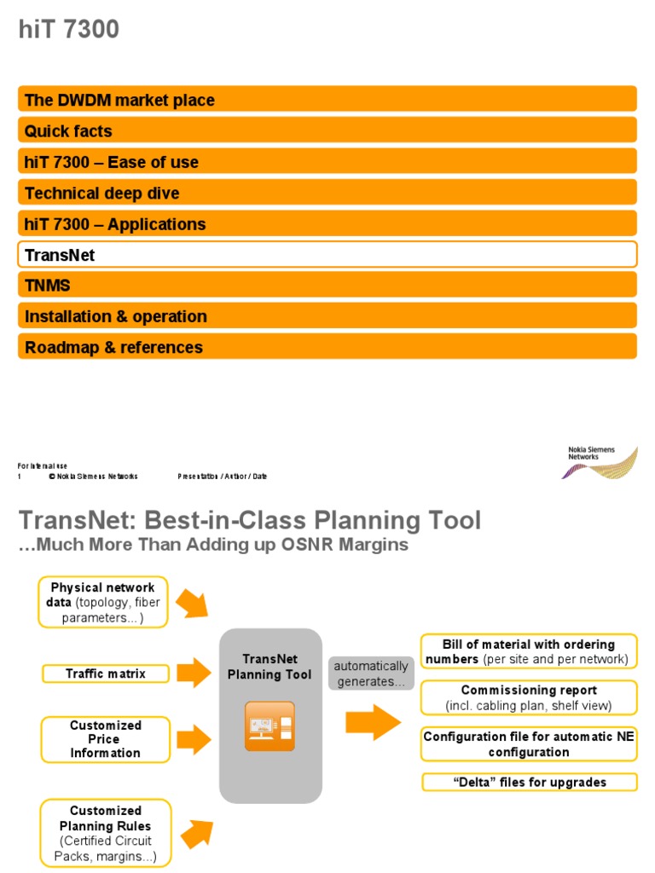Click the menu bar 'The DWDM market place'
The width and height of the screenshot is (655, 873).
(327, 100)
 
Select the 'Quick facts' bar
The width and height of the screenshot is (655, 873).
(327, 130)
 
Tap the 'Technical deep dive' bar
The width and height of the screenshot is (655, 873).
(327, 193)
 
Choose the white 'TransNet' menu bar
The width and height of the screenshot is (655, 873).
(327, 254)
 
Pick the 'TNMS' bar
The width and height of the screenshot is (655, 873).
(327, 285)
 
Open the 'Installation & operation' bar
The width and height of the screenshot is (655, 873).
(327, 316)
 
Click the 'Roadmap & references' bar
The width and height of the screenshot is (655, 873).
(327, 347)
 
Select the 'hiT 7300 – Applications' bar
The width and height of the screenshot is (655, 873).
(327, 224)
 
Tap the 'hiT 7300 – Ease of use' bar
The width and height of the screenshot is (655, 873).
(327, 162)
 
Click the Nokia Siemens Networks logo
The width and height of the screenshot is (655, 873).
(602, 461)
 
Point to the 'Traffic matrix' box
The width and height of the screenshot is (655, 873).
(106, 674)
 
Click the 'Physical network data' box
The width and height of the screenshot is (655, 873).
(103, 602)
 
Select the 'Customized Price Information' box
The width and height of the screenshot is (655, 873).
(106, 739)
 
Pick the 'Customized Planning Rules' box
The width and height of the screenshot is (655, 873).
(106, 834)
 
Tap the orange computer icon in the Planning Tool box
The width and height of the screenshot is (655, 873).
(270, 726)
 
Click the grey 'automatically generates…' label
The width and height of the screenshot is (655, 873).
(371, 674)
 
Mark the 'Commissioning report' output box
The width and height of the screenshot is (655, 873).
(529, 697)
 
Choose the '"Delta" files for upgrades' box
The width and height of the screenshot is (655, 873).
(529, 782)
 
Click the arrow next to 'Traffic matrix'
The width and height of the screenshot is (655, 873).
(194, 673)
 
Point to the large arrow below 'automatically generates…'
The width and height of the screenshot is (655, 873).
(373, 723)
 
